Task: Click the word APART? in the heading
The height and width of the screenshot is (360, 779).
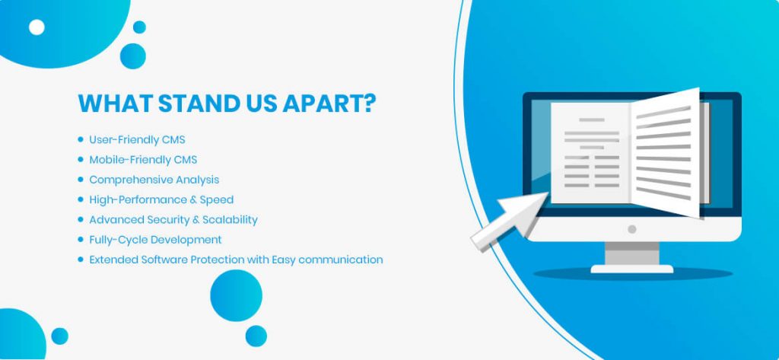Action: click(329, 103)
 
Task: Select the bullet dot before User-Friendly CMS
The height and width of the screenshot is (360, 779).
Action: click(81, 140)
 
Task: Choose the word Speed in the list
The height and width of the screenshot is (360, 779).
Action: click(217, 200)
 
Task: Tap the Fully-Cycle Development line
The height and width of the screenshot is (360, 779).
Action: click(155, 240)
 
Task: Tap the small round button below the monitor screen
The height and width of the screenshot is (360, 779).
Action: click(632, 229)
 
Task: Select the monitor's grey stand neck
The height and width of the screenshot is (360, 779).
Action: click(632, 253)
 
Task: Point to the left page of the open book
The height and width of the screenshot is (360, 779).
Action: click(590, 153)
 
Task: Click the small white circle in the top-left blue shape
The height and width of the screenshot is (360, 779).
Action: click(37, 27)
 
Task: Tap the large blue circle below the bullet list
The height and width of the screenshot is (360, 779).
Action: click(236, 296)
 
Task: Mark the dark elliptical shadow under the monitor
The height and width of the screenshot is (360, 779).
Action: click(633, 273)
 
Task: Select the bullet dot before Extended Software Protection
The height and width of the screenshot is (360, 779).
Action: click(81, 260)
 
